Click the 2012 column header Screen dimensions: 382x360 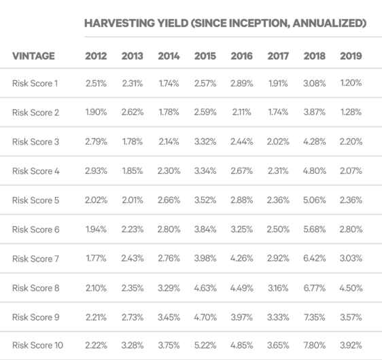tap(96, 56)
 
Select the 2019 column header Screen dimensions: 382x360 tap(351, 56)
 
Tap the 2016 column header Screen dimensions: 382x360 tap(242, 56)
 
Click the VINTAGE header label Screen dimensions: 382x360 tap(33, 56)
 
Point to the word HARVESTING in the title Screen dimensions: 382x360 tap(120, 23)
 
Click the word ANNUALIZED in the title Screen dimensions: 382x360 tap(330, 23)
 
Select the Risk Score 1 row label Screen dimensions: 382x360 tap(35, 84)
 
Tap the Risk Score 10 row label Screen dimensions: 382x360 tap(37, 345)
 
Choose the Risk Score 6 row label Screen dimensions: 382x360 tap(36, 230)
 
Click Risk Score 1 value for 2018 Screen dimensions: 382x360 tap(315, 84)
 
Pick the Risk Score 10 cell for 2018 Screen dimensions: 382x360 tap(315, 345)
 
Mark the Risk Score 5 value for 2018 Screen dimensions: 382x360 tap(315, 200)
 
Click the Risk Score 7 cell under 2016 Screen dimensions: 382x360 tap(242, 258)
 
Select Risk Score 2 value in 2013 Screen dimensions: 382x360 tap(133, 112)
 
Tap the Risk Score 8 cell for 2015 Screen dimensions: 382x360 tap(205, 288)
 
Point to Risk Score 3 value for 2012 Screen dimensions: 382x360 tap(96, 141)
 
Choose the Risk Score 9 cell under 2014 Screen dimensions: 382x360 tap(169, 317)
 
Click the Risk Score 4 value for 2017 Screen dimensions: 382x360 tap(278, 171)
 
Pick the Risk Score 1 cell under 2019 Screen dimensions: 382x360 tap(351, 83)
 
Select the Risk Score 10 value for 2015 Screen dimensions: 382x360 tap(205, 345)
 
